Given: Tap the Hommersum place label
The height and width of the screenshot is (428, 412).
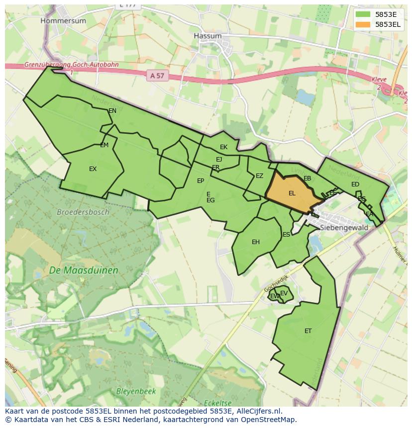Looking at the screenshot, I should (x=63, y=21).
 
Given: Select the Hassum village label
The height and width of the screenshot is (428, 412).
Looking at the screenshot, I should (x=207, y=36).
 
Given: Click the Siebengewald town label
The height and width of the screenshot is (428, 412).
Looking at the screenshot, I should (x=344, y=228).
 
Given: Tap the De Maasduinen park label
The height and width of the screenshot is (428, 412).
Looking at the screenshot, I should (x=84, y=271).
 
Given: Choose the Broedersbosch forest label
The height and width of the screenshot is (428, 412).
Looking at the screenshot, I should (x=83, y=212).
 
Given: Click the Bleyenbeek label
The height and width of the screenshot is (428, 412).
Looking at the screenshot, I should (x=136, y=391).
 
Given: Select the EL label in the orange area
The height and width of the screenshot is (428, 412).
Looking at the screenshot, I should (x=292, y=193).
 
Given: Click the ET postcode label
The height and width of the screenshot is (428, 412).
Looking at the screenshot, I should (x=308, y=331).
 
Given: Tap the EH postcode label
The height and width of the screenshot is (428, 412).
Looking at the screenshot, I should (x=256, y=242).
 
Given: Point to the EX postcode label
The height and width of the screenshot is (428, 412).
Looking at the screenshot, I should (x=93, y=169).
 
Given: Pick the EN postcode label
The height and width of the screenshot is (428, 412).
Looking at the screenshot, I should (x=112, y=111).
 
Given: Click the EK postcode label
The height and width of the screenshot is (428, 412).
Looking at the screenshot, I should (x=223, y=147).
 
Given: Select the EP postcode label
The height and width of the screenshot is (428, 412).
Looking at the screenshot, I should (x=201, y=181).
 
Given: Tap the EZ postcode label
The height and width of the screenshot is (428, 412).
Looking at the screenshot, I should (x=259, y=176).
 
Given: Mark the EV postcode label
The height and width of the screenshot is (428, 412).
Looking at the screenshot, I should (x=284, y=293).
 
